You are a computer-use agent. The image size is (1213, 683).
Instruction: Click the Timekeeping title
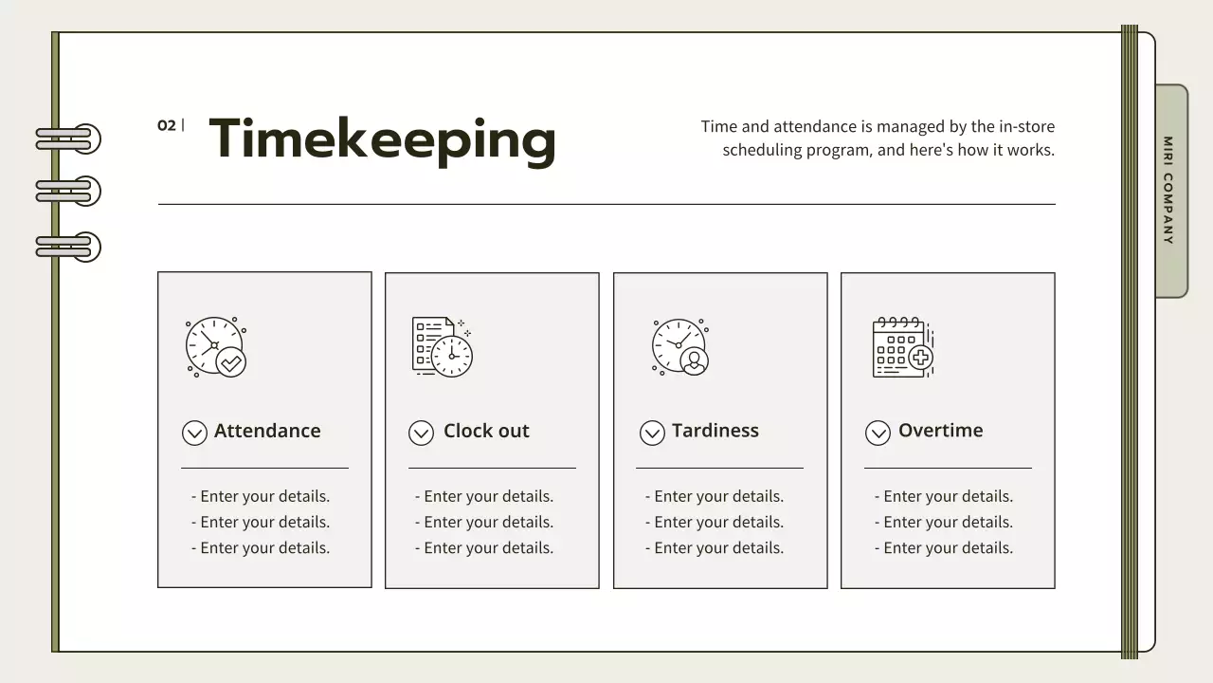click(x=382, y=138)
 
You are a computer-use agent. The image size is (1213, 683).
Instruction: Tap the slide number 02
click(x=167, y=125)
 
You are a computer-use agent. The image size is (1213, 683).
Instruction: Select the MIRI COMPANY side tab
click(x=1170, y=191)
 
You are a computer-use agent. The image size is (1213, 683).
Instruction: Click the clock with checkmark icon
click(x=216, y=347)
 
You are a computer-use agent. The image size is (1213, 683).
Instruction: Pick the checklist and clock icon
click(x=442, y=347)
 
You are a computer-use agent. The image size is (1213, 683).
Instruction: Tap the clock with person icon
click(x=680, y=347)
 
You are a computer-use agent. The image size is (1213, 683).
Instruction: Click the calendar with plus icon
click(x=902, y=347)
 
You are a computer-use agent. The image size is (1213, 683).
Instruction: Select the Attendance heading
click(x=267, y=431)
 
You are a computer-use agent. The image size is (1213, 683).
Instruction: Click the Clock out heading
click(x=486, y=431)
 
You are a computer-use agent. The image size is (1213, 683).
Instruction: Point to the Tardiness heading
click(x=715, y=431)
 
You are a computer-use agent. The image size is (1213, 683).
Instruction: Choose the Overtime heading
click(x=940, y=431)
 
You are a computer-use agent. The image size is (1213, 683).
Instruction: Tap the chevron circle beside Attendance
click(x=194, y=434)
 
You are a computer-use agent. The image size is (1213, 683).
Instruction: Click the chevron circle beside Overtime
click(x=878, y=434)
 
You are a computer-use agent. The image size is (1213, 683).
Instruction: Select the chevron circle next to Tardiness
click(x=652, y=434)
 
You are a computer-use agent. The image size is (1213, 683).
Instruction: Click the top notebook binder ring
click(x=69, y=139)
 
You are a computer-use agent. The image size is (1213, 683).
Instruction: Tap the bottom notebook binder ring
click(x=69, y=248)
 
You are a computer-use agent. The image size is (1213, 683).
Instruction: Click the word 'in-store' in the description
click(x=1027, y=126)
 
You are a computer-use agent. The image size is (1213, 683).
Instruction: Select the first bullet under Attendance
click(x=261, y=496)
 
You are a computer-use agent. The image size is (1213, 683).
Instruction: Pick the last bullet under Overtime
click(x=944, y=547)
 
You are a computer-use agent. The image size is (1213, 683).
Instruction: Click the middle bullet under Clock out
click(x=484, y=522)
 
